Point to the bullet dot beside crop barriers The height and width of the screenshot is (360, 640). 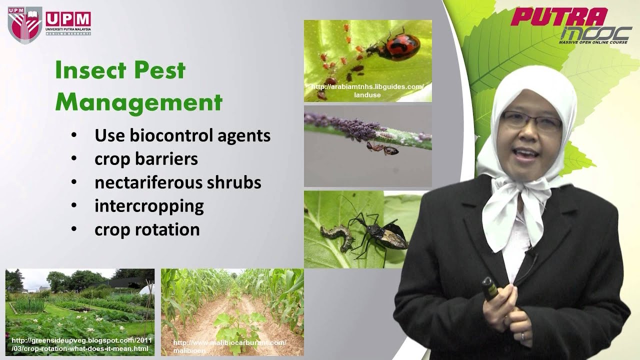point(74,159)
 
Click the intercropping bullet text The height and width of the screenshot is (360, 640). point(149,206)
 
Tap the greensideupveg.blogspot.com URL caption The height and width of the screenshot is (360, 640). point(80,344)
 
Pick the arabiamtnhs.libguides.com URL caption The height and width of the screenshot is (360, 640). point(367,90)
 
